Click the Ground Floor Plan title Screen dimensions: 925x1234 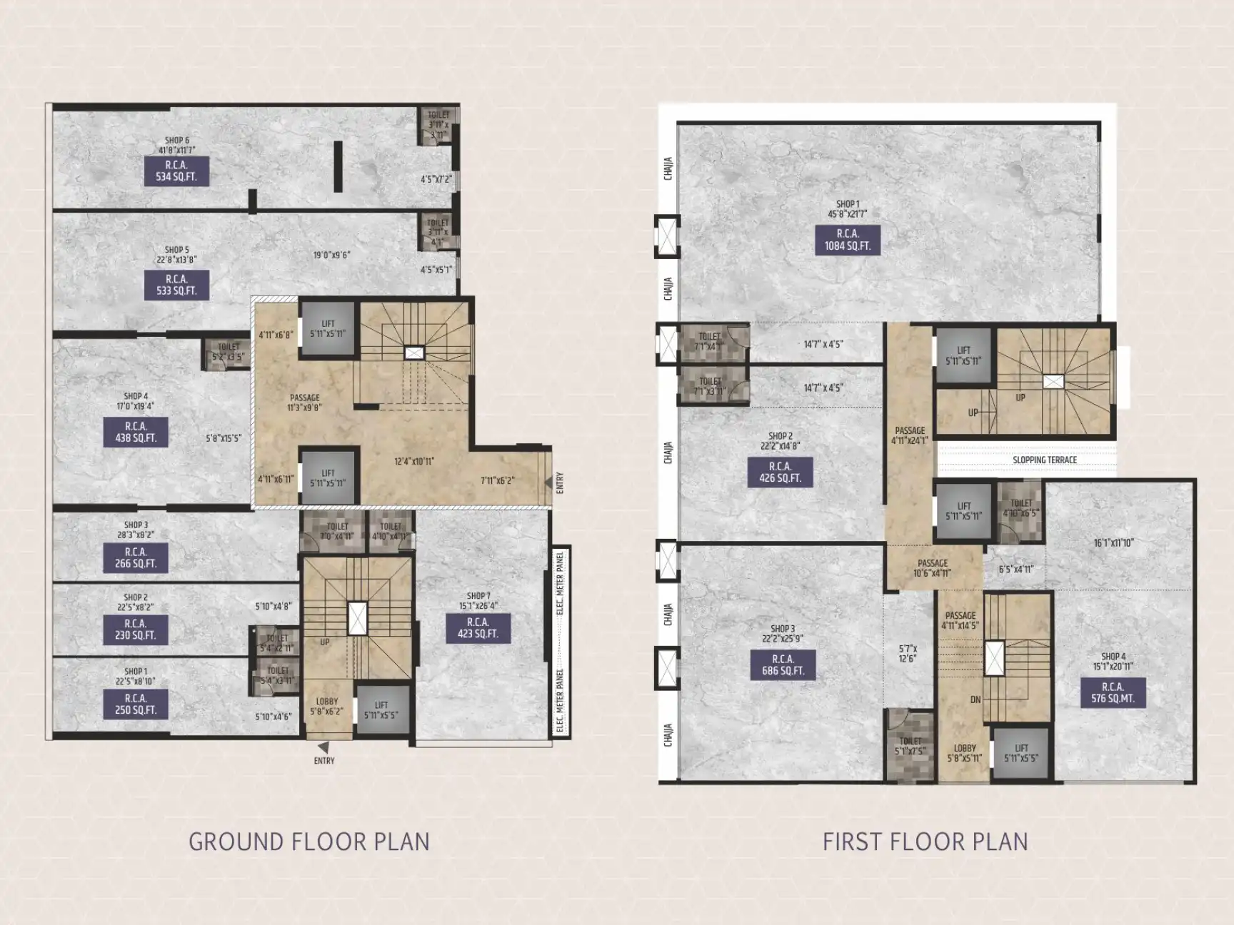pyautogui.click(x=308, y=841)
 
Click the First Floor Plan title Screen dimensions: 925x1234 pyautogui.click(x=925, y=841)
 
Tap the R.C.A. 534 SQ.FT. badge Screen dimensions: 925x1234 pyautogui.click(x=176, y=171)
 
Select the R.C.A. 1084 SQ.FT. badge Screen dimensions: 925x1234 pyautogui.click(x=847, y=240)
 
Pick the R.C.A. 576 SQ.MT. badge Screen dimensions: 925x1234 pyautogui.click(x=1112, y=693)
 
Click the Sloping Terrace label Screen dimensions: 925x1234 pyautogui.click(x=1044, y=460)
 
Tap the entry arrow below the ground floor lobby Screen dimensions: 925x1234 pyautogui.click(x=323, y=747)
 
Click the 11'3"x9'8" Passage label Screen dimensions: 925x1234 pyautogui.click(x=305, y=403)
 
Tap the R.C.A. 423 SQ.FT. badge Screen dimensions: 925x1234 pyautogui.click(x=478, y=628)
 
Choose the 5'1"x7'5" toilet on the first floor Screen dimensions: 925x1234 pyautogui.click(x=910, y=747)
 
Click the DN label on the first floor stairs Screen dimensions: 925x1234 pyautogui.click(x=975, y=700)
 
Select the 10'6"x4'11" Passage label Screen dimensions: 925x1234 pyautogui.click(x=933, y=568)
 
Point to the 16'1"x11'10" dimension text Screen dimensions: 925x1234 pyautogui.click(x=1113, y=543)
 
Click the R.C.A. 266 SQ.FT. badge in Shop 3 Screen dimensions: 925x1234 pyautogui.click(x=136, y=557)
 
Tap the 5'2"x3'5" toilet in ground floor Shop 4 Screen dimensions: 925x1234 pyautogui.click(x=229, y=352)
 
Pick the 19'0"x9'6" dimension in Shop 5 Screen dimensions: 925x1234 pyautogui.click(x=331, y=255)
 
